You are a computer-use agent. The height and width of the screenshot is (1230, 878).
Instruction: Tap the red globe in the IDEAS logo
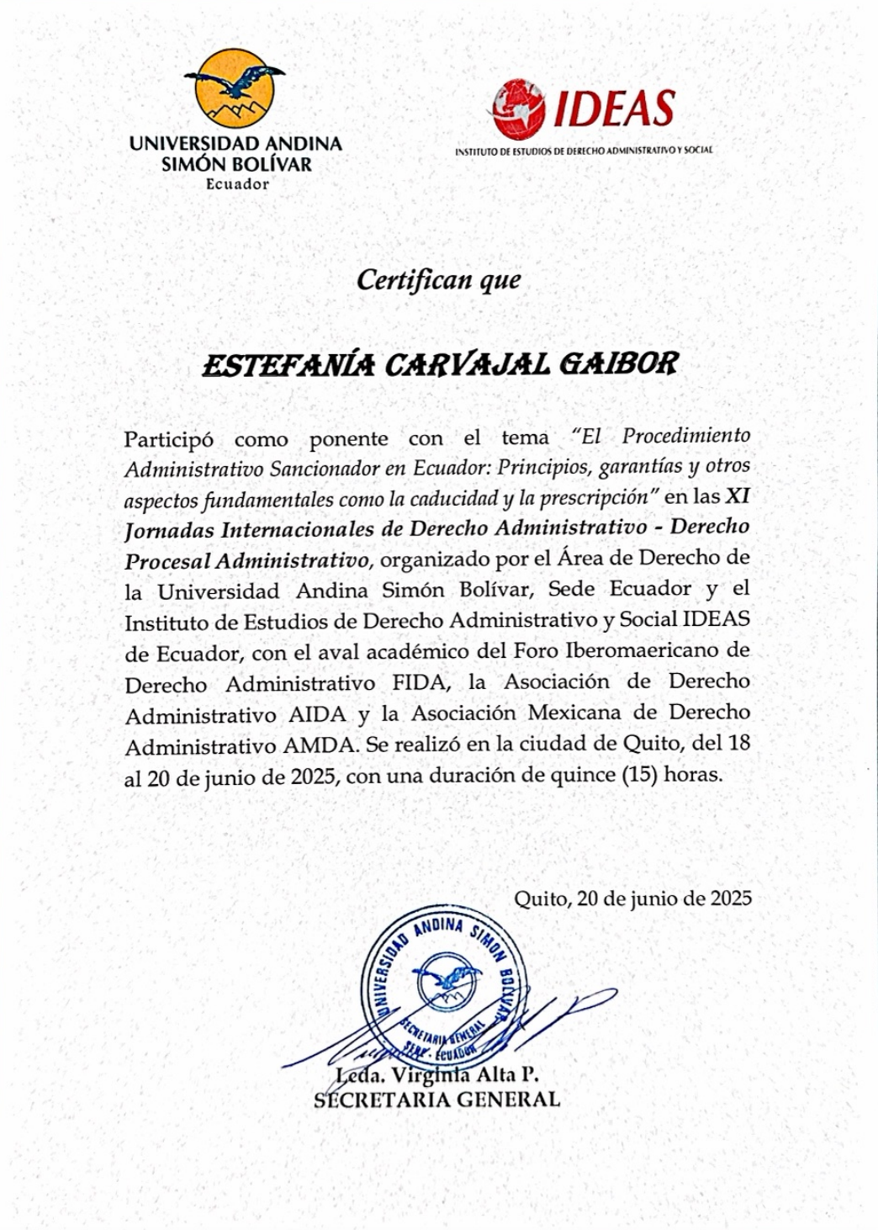(x=518, y=110)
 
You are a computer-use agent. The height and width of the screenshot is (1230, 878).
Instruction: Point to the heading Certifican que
(x=438, y=280)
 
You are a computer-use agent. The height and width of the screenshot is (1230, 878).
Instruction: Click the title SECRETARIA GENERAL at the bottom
(x=436, y=1100)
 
